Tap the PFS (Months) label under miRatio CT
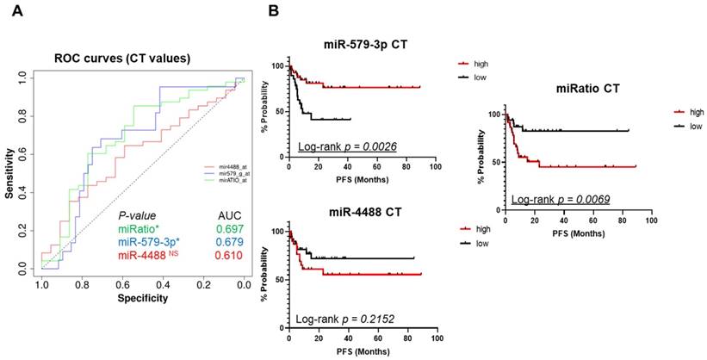tap(577, 233)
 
